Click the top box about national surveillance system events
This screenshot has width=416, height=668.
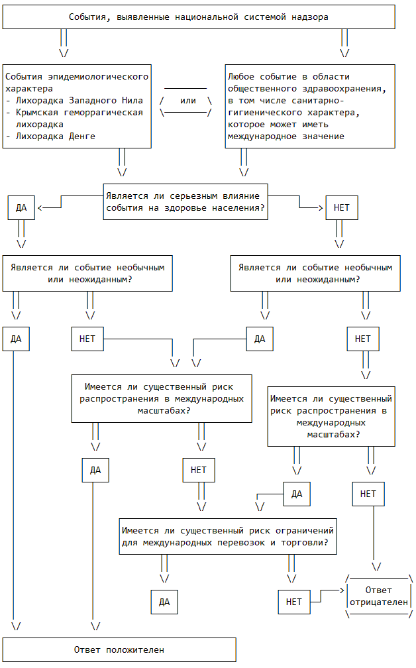tap(199, 17)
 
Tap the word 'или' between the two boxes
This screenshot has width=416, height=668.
tap(187, 101)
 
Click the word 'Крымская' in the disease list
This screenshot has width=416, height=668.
tap(36, 113)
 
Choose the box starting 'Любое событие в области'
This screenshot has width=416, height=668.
tap(310, 107)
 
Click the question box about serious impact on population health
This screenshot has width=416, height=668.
tap(185, 202)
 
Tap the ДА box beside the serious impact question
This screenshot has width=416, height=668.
tap(21, 208)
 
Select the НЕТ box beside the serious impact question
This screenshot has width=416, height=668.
tap(342, 208)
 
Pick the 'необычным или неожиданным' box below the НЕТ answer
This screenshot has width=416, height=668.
tap(315, 274)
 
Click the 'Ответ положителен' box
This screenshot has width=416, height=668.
tap(119, 649)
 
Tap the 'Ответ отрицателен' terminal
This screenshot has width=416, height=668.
tap(379, 596)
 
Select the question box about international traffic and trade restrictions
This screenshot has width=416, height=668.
tap(228, 536)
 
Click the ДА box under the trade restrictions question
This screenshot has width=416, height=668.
tap(164, 602)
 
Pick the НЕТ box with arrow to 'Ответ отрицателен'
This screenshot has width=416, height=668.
tap(294, 602)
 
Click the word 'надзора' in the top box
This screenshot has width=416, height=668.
tap(310, 17)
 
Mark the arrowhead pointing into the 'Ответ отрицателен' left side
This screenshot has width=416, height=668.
tap(342, 590)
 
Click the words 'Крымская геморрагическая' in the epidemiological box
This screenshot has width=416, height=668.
tap(79, 113)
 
